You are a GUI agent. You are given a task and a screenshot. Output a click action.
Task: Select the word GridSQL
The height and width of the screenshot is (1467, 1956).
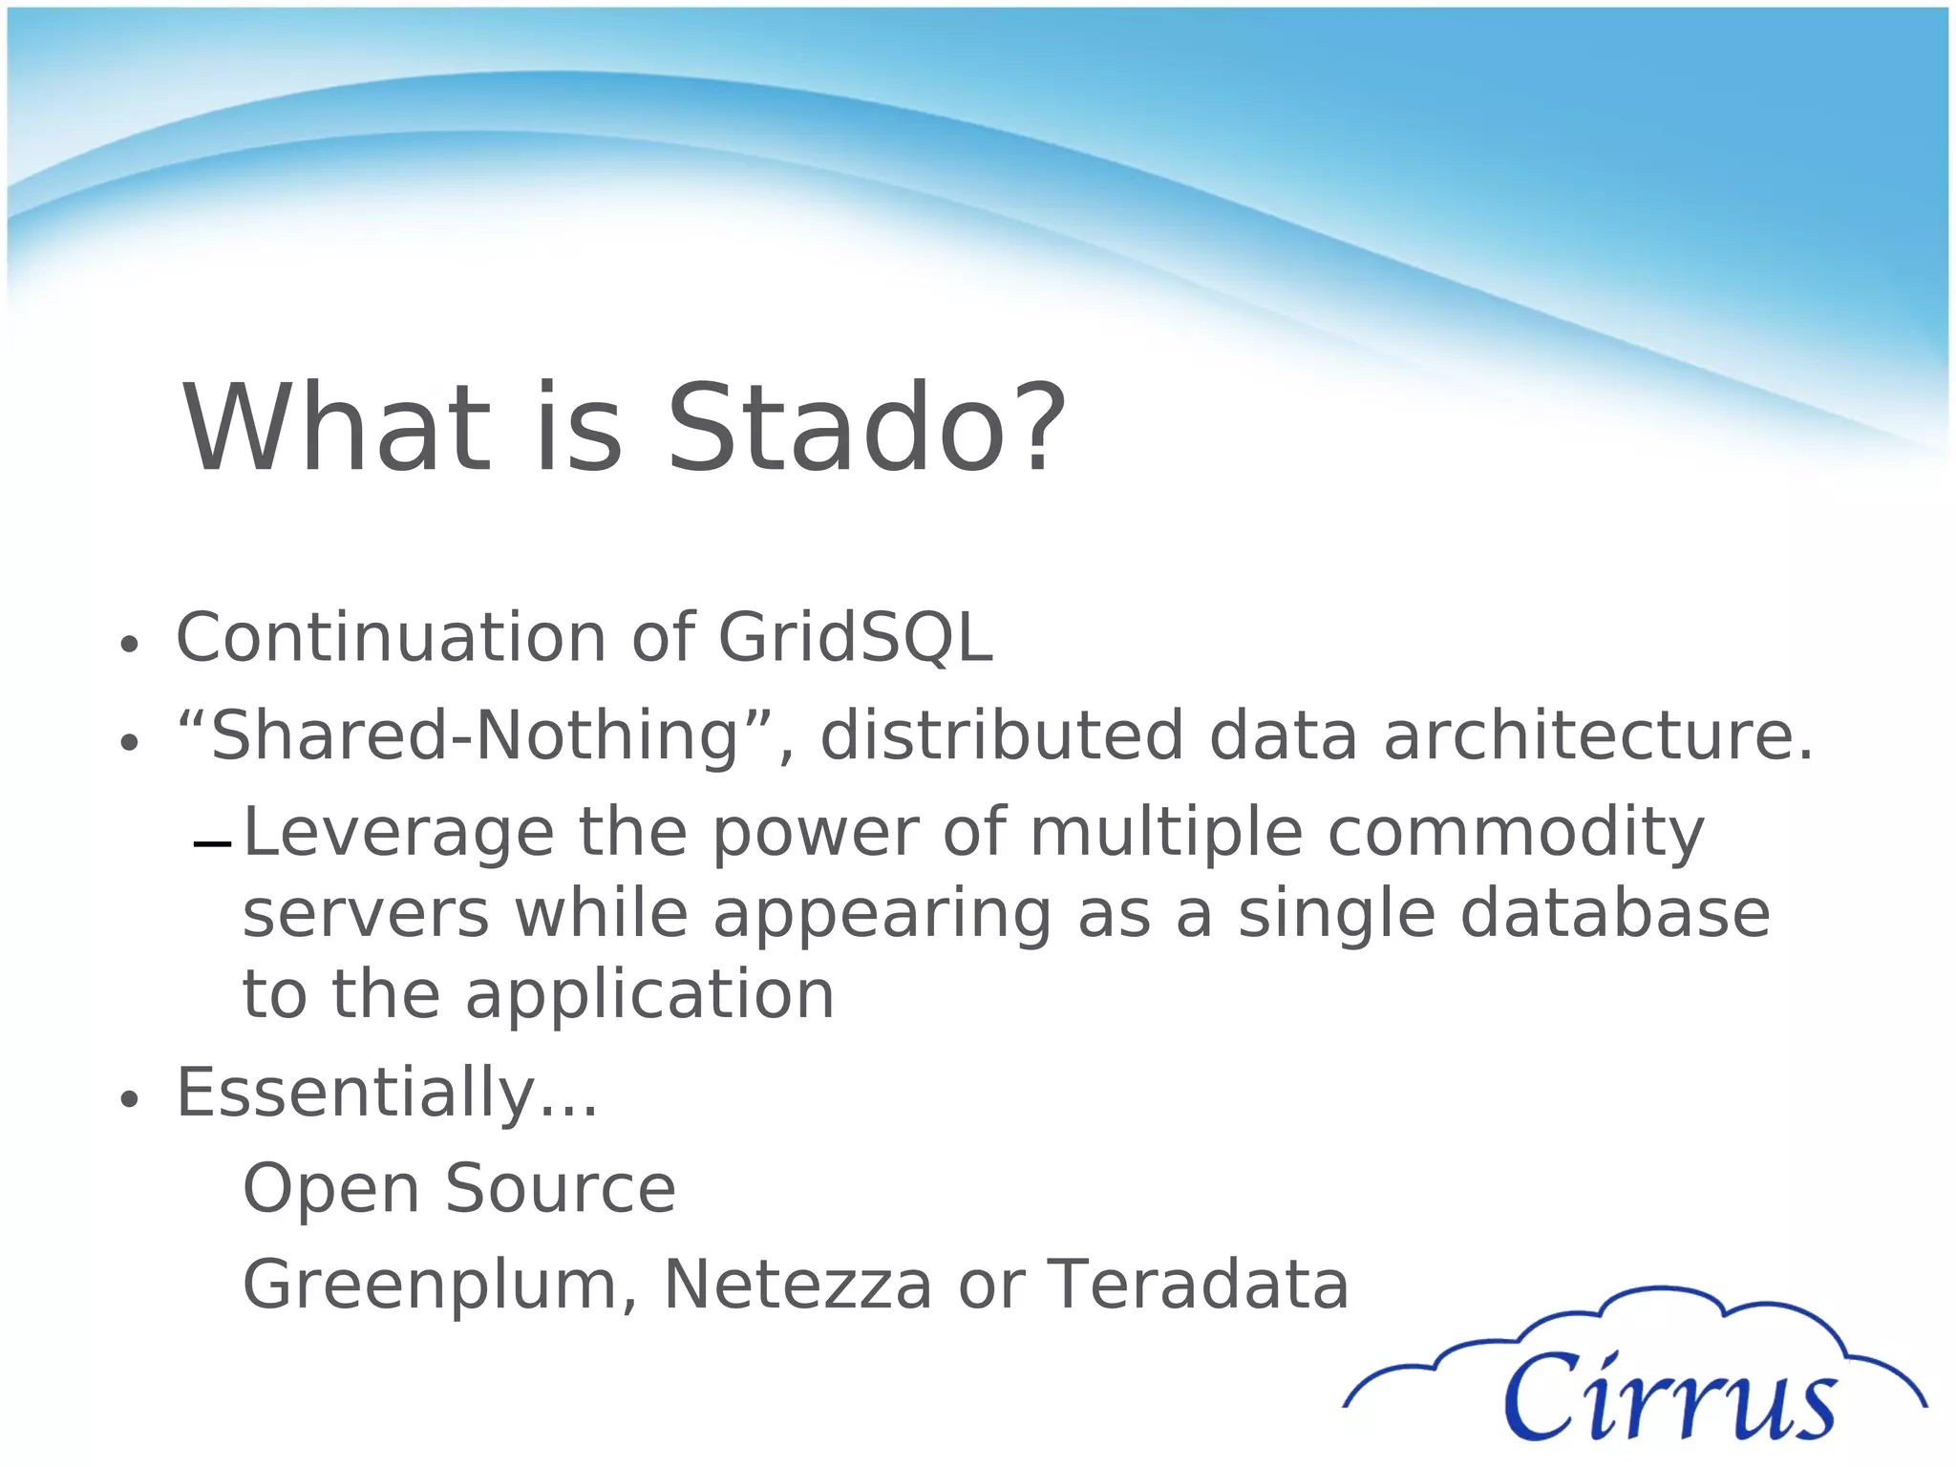point(855,637)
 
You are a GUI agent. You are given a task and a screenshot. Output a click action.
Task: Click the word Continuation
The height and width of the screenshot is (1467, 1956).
point(391,637)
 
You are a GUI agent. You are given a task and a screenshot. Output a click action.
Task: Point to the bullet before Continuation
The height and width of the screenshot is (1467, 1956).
point(130,645)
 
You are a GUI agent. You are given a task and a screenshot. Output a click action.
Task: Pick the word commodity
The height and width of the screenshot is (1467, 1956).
point(1516,833)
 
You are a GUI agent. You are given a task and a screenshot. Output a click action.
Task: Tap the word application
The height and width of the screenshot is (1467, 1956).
point(649,995)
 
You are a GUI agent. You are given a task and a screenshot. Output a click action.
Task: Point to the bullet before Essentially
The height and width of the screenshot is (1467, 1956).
point(130,1100)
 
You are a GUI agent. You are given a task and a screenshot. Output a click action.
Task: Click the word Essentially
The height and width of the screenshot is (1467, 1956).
point(386,1093)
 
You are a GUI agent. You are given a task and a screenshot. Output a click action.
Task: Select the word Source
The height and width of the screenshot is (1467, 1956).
point(561,1189)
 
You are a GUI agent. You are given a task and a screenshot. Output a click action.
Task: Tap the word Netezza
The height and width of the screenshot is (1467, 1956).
point(797,1286)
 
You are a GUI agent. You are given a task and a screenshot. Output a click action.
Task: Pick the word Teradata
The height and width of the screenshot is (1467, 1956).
point(1199,1286)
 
